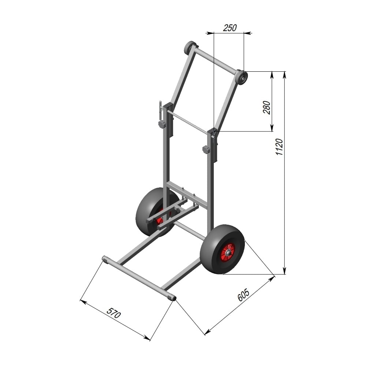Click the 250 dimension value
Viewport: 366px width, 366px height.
230,28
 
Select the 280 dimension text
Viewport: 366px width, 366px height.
266,108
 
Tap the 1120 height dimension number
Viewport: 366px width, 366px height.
279,147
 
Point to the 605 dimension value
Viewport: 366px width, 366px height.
244,295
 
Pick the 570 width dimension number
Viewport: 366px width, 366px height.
114,313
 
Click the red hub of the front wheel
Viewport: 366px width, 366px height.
228,252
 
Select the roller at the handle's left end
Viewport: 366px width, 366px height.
190,47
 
